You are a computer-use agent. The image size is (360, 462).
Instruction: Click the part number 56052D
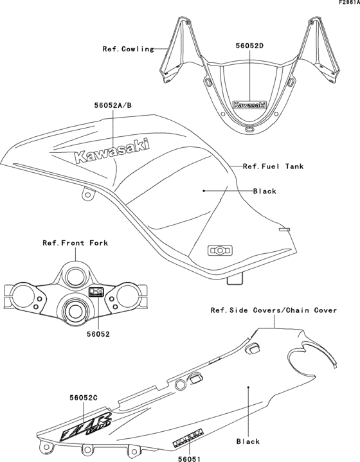[250, 46]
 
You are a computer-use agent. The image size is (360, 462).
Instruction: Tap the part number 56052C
[83, 398]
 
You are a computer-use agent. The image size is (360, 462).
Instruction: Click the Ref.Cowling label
[129, 49]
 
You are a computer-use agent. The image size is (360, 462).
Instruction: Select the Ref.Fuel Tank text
[273, 166]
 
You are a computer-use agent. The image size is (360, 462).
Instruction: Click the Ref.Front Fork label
[75, 244]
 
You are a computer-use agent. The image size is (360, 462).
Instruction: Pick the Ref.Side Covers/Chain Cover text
[274, 310]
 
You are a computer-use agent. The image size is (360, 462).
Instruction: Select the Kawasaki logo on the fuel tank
[113, 152]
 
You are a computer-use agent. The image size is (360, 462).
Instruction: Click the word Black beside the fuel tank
[264, 191]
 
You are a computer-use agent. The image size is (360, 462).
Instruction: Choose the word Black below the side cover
[248, 441]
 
